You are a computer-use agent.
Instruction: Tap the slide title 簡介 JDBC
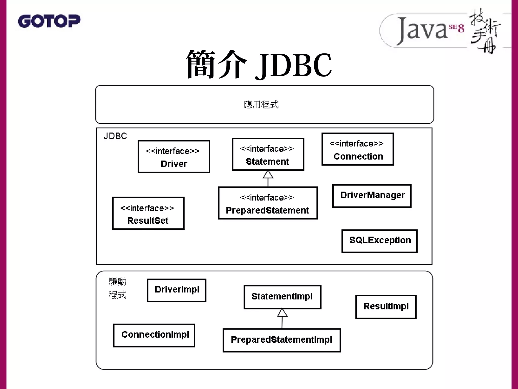coord(259,65)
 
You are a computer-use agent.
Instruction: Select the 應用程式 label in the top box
coord(261,104)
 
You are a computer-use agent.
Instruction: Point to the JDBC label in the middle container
coord(115,136)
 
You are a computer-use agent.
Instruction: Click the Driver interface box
coord(174,157)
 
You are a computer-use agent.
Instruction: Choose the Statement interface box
coord(268,154)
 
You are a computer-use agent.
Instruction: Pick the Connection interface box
coord(357,149)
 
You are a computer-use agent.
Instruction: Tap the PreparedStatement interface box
coord(268,203)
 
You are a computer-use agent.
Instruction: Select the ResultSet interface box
coord(148,213)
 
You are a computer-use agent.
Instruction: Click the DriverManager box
coord(372,196)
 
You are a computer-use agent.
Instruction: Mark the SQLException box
coord(379,241)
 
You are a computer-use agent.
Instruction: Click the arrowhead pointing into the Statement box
coord(268,174)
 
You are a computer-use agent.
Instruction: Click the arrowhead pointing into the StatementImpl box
coord(282,313)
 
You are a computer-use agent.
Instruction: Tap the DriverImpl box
coord(177,290)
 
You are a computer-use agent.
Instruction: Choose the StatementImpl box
coord(282,297)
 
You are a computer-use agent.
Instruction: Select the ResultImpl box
coord(386,307)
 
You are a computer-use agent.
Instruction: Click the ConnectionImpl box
coord(154,335)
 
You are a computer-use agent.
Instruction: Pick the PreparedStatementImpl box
coord(282,340)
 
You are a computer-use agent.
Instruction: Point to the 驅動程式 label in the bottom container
coord(117,288)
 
